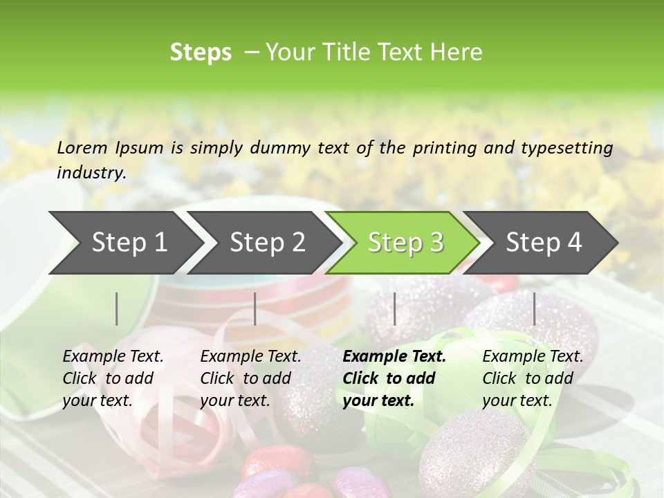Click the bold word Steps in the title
[x=201, y=53]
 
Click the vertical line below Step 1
[x=117, y=308]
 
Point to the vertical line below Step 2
[x=255, y=308]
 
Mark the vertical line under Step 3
[x=394, y=308]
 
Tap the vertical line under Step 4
[x=534, y=308]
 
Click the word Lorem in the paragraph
[x=82, y=148]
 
